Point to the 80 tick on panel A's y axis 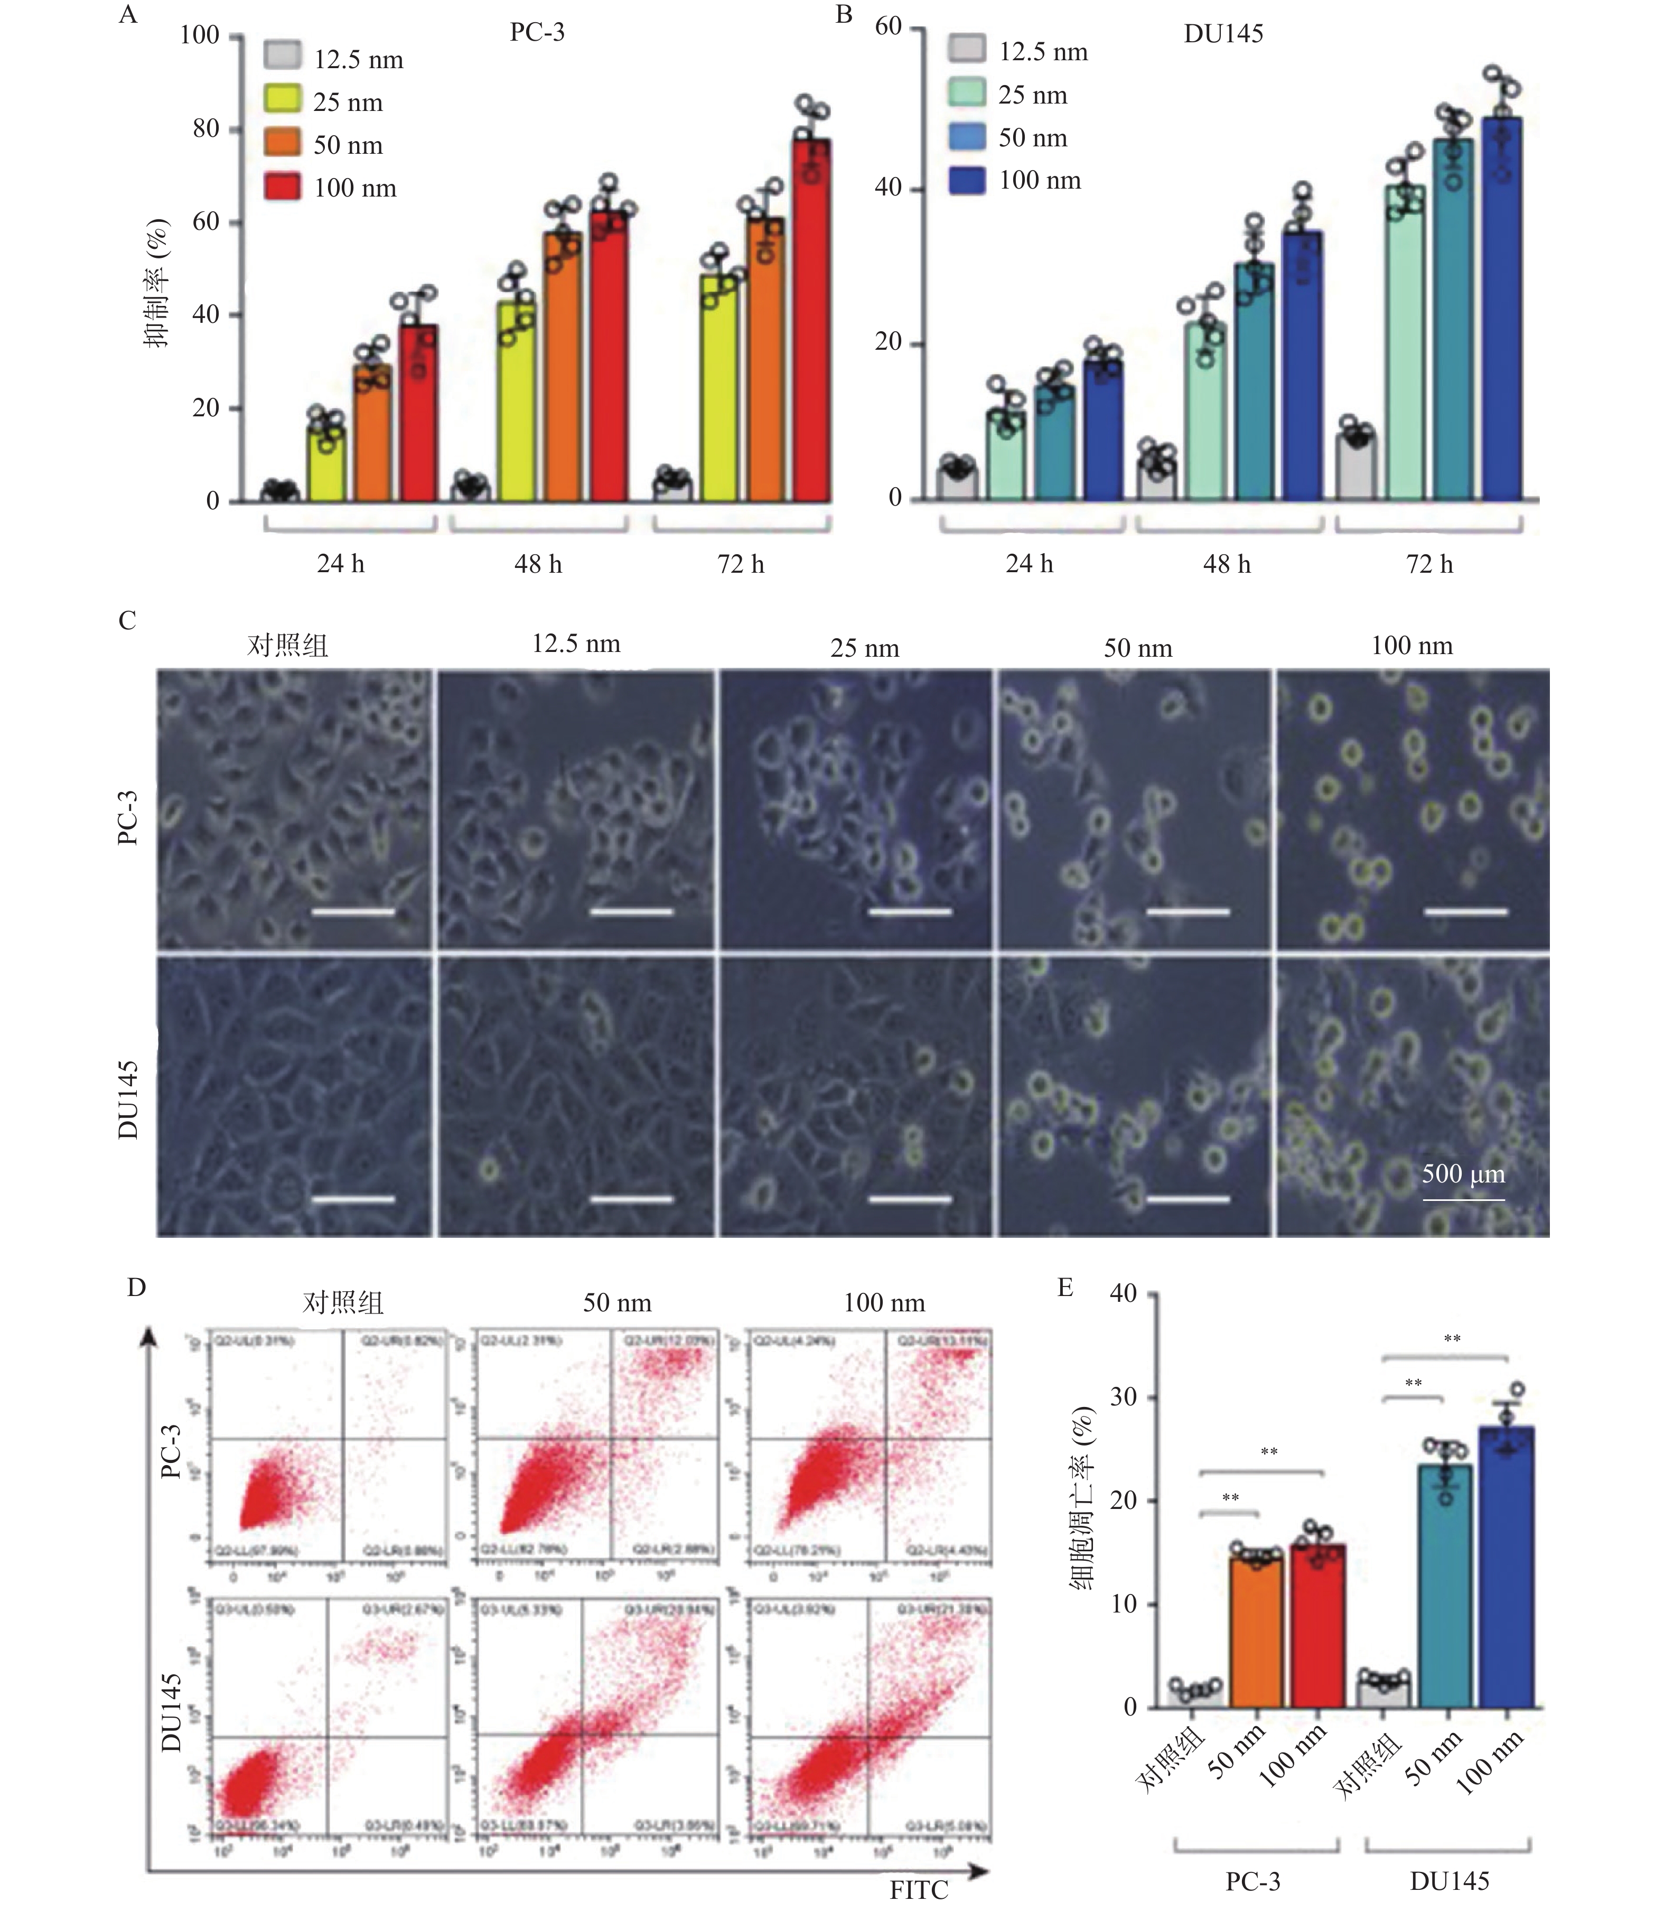click(206, 128)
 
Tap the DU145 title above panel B click(1223, 34)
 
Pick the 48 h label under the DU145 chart click(1227, 564)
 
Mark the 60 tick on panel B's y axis click(889, 27)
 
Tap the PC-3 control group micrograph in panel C click(294, 809)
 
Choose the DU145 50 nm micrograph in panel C click(1134, 1097)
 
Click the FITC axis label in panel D click(918, 1890)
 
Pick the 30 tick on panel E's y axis click(1124, 1398)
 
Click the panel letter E click(1065, 1288)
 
